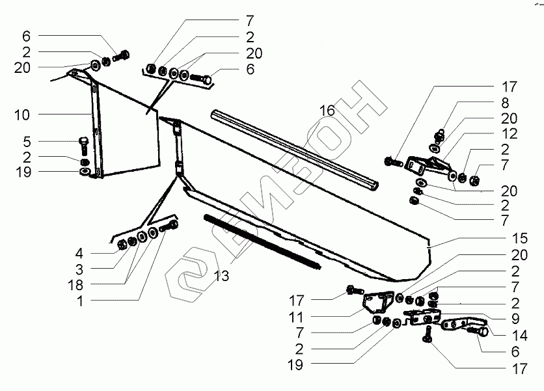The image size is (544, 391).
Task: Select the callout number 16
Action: pyautogui.click(x=327, y=111)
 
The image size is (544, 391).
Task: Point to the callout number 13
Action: pyautogui.click(x=221, y=276)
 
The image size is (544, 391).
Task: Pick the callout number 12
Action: pyautogui.click(x=509, y=134)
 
